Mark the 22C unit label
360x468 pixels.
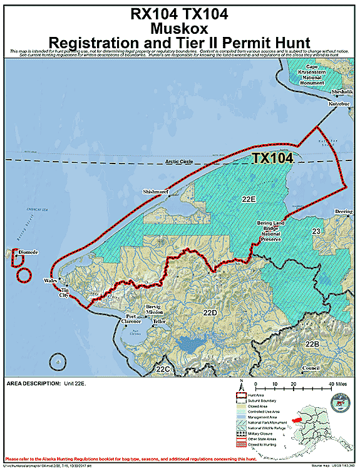click(164, 370)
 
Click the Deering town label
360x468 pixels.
click(344, 212)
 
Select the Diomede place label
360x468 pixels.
click(29, 252)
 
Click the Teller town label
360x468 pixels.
click(159, 321)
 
